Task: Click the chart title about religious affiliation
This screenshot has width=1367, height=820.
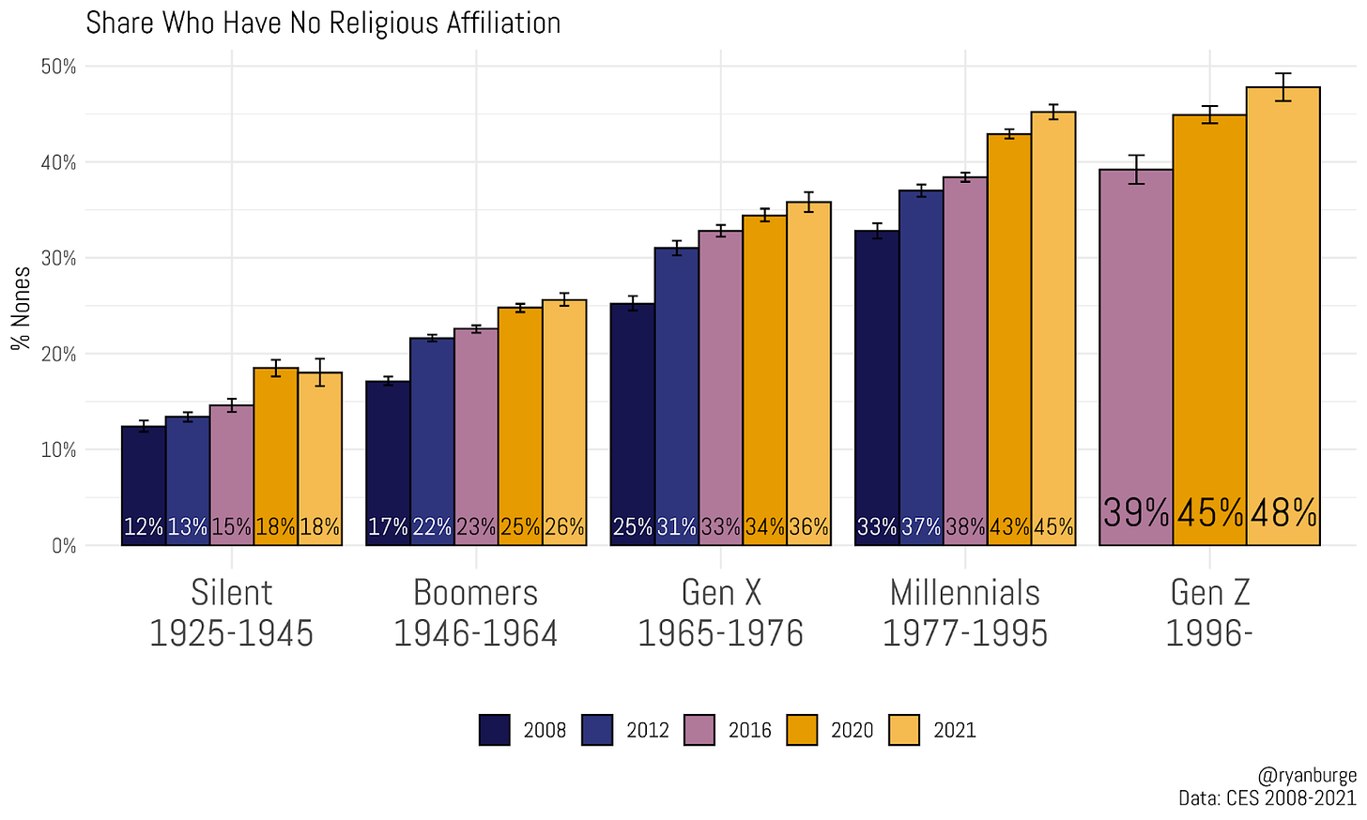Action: tap(323, 23)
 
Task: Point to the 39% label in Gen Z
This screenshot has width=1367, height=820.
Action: tap(1135, 513)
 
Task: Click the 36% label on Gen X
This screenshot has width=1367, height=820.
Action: tap(808, 527)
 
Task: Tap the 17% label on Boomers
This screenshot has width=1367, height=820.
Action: tap(387, 527)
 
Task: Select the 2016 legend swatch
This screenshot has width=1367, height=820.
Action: tap(699, 730)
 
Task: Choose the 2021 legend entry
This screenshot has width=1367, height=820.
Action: tap(954, 730)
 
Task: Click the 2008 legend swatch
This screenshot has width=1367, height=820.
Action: tap(495, 730)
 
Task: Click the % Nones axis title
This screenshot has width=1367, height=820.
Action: tap(21, 308)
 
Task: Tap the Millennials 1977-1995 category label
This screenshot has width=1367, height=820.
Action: tap(965, 613)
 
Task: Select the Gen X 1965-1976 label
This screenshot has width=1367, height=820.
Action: tap(720, 613)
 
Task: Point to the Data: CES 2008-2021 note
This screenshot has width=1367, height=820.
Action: tap(1267, 797)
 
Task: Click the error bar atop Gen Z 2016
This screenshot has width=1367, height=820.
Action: tap(1136, 169)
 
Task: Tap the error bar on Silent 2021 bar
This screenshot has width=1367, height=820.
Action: tap(320, 372)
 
